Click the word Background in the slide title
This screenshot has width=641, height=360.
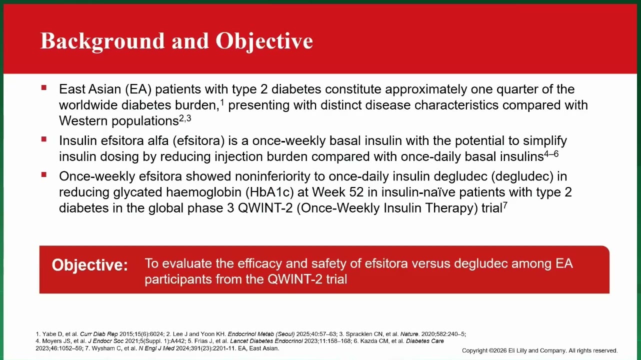tap(102, 41)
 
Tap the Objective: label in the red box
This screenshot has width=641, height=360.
tap(90, 264)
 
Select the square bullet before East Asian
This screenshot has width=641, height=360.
tap(44, 87)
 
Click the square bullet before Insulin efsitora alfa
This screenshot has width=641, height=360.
tap(44, 139)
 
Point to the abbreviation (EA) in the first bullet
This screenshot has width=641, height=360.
tap(138, 89)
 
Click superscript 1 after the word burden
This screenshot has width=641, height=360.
tap(222, 102)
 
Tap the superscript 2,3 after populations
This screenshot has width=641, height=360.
tap(185, 118)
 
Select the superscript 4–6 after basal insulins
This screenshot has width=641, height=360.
tap(551, 154)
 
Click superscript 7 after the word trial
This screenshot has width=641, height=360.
tap(505, 205)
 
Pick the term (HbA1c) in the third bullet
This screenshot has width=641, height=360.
tap(269, 192)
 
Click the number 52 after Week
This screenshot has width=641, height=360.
tap(356, 192)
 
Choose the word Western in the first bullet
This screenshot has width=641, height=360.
tap(83, 121)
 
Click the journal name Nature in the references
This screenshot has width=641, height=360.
tap(409, 334)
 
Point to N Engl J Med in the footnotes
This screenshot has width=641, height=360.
tap(156, 348)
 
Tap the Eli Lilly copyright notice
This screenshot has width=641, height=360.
tap(539, 350)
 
